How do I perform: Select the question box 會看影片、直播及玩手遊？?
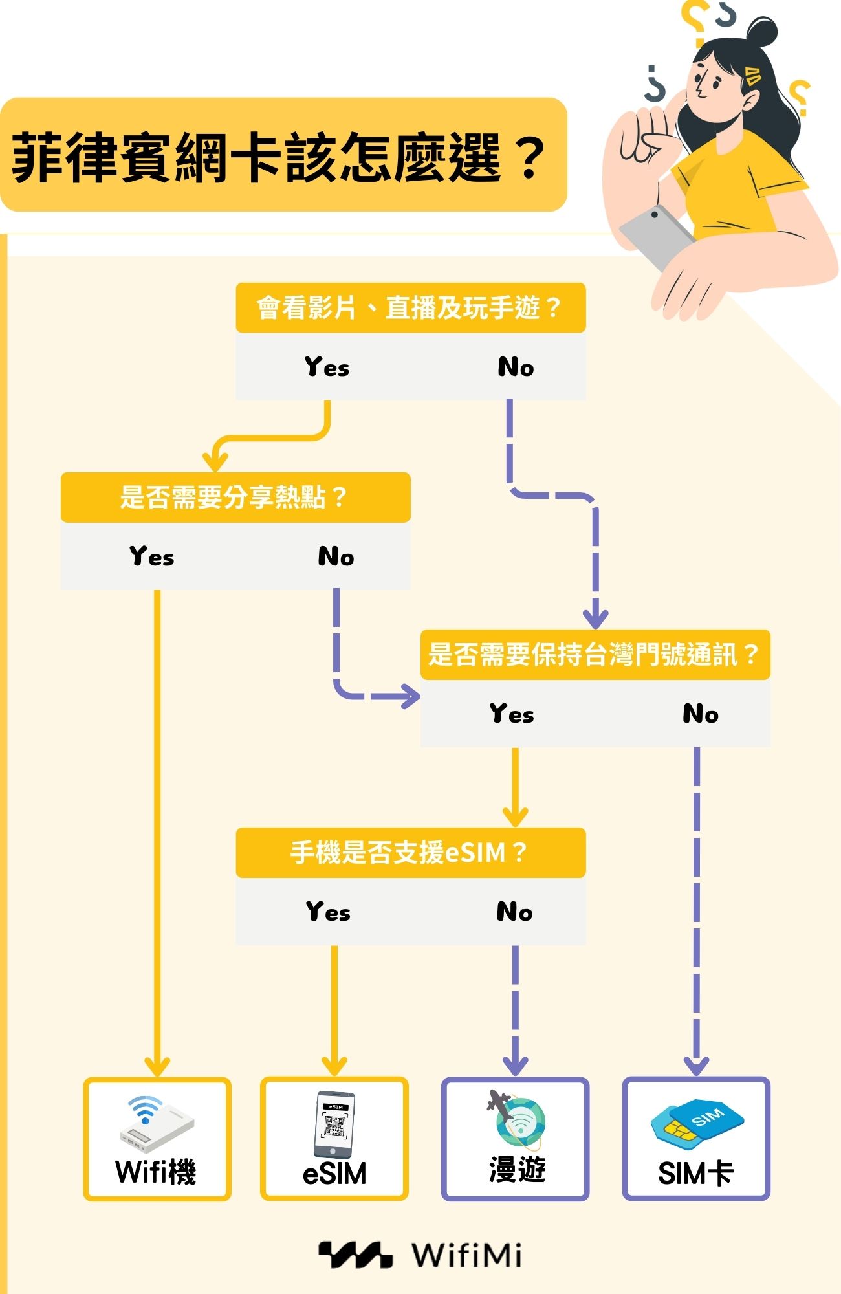[x=410, y=307]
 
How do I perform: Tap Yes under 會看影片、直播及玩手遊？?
[x=327, y=367]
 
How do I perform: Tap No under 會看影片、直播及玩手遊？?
[x=516, y=367]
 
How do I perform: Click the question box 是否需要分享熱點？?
[x=235, y=497]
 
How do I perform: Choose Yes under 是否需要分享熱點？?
[x=151, y=556]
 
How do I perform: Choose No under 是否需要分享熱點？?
[x=336, y=556]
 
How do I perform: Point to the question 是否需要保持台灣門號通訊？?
[x=595, y=654]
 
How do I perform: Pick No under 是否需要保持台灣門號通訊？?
[x=700, y=714]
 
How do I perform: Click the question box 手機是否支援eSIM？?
[x=410, y=852]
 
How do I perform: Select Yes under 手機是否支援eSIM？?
[x=328, y=912]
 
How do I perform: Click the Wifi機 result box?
[x=157, y=1139]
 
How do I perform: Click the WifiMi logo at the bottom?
[x=420, y=1255]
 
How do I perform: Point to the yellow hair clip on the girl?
[x=752, y=75]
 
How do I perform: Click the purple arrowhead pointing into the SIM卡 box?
[x=696, y=1064]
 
